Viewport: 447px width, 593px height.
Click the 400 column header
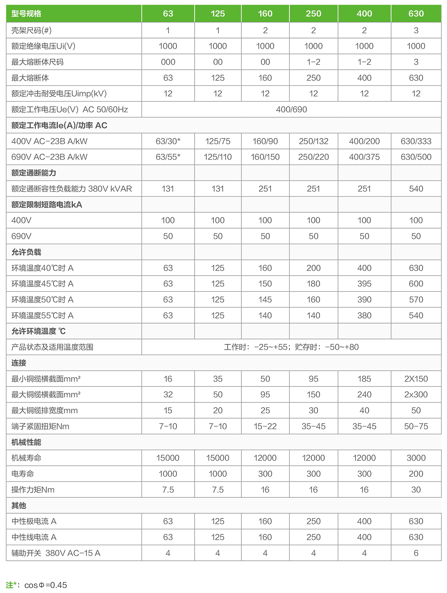coord(364,14)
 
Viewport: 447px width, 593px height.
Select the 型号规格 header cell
coord(26,14)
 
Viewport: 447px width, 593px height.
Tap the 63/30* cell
coord(168,141)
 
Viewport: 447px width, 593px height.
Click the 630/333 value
coord(416,141)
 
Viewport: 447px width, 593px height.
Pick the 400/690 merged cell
coord(291,109)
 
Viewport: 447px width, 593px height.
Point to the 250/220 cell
coord(313,157)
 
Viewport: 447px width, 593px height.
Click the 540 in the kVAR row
coord(416,189)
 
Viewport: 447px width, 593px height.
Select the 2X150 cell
coord(416,379)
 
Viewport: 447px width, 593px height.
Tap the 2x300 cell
coord(416,395)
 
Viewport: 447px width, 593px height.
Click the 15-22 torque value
coord(265,426)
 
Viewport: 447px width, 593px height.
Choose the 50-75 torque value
coord(416,426)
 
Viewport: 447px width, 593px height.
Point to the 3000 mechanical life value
coord(416,458)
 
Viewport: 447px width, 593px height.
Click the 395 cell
coord(364,284)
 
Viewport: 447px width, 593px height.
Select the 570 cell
coord(416,300)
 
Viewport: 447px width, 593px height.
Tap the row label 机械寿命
coord(26,458)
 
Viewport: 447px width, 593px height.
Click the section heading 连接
coord(19,363)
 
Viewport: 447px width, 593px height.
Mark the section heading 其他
coord(19,506)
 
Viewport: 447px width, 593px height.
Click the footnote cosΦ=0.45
coord(46,585)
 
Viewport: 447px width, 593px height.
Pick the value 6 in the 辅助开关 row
coord(416,553)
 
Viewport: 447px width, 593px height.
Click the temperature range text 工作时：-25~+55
coord(256,347)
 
